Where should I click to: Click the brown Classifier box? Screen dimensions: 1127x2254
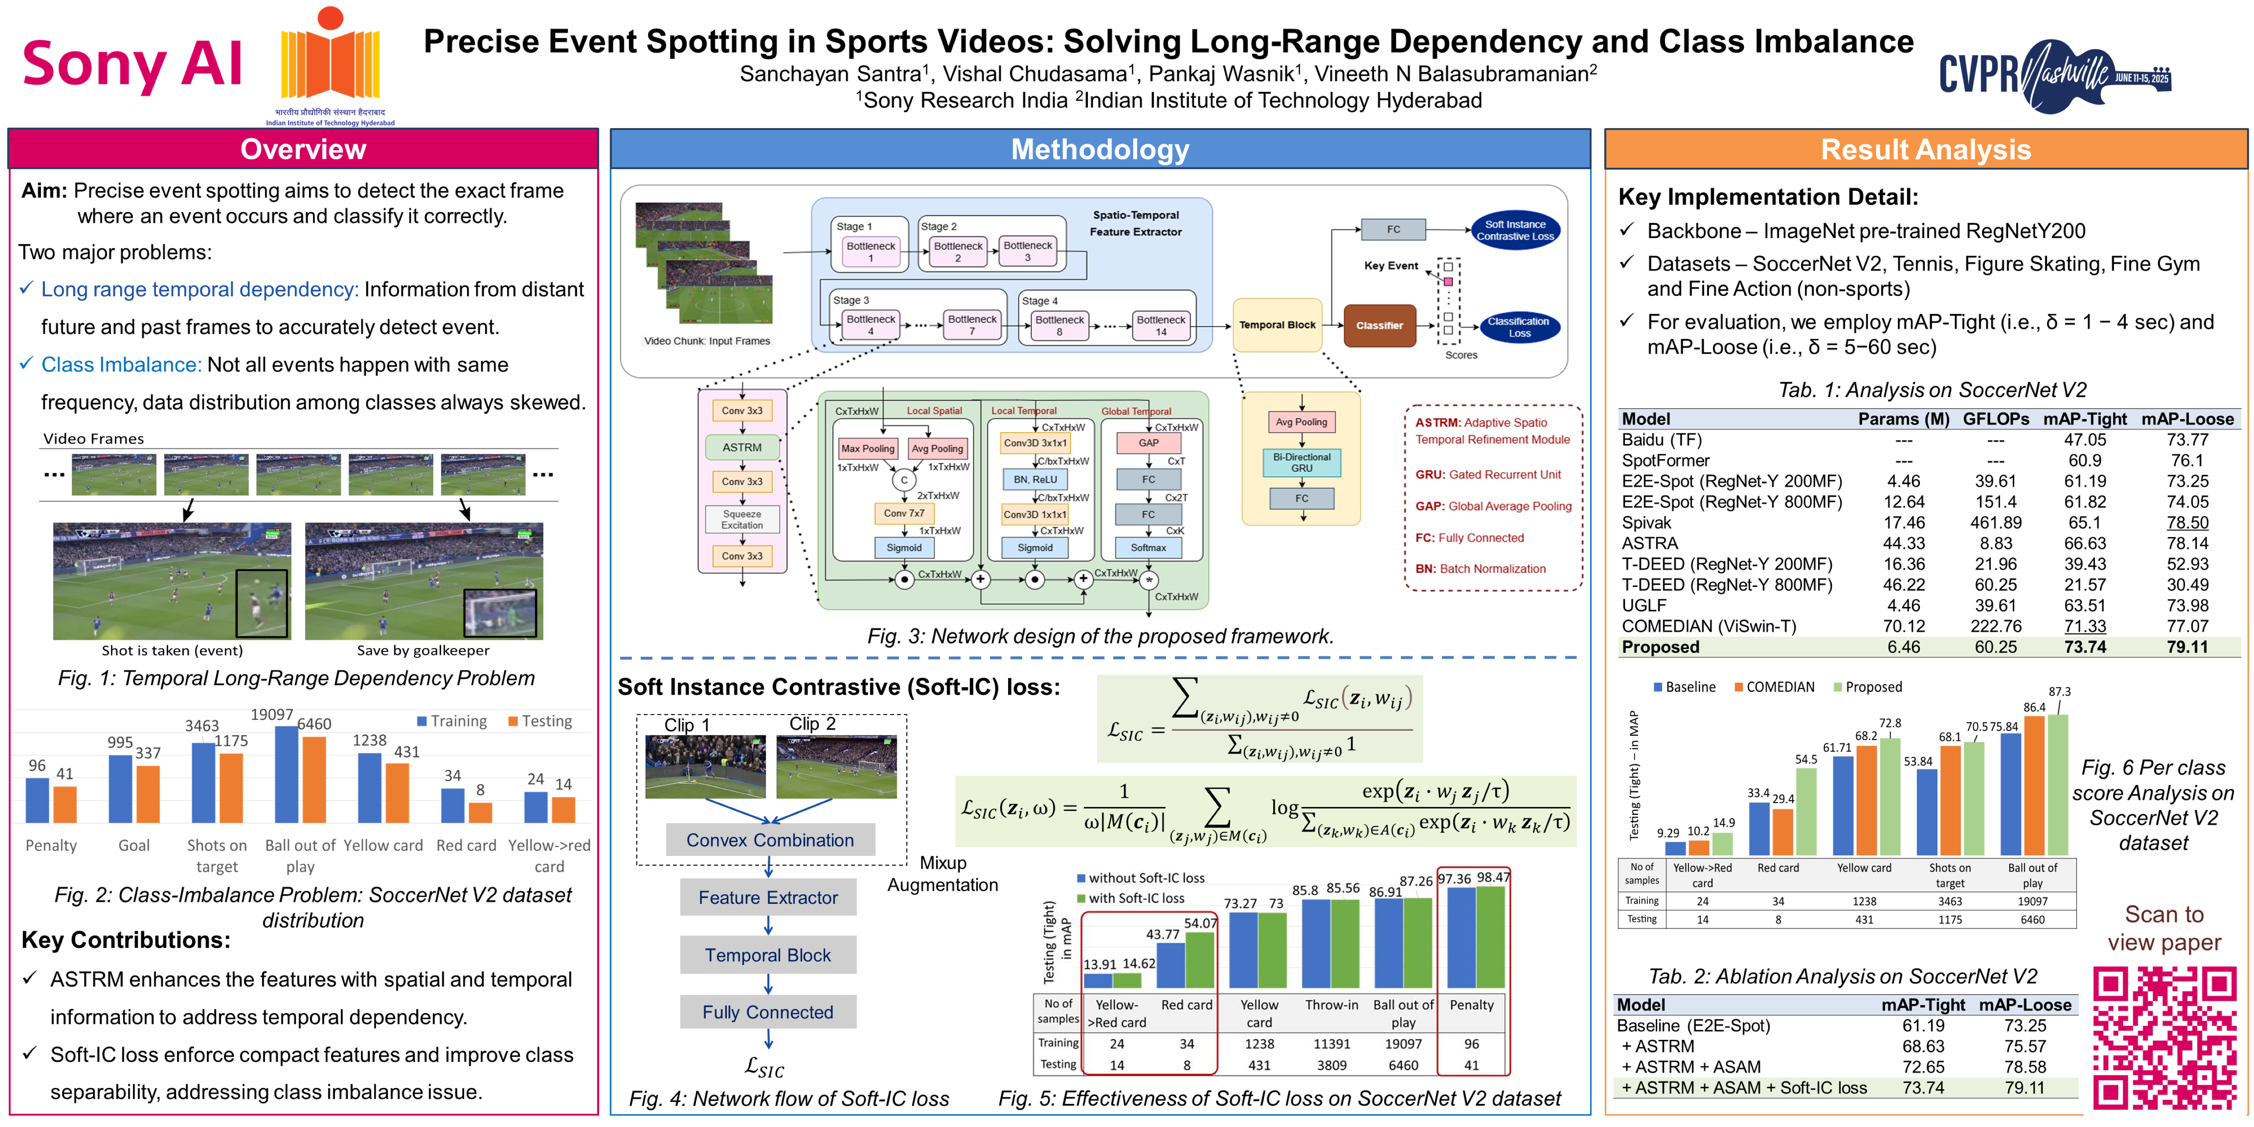coord(1379,325)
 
